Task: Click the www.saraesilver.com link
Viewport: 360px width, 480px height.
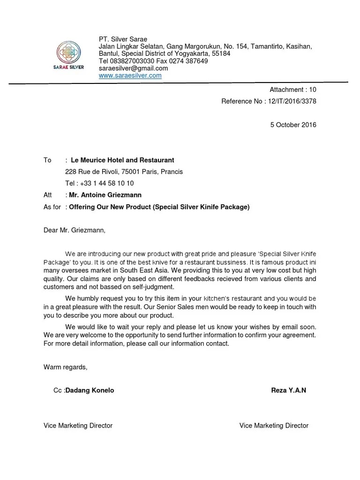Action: point(130,75)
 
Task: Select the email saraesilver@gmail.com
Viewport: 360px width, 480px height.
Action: point(133,68)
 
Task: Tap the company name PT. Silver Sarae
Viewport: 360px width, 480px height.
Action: point(123,39)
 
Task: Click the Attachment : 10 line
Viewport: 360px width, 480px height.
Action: point(292,90)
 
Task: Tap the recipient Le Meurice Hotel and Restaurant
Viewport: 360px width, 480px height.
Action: point(122,160)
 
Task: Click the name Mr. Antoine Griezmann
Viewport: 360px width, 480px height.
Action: point(105,195)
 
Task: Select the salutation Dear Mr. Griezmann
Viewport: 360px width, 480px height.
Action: point(75,230)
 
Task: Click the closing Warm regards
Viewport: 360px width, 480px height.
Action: point(66,367)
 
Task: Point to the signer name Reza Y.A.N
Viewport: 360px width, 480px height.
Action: point(288,390)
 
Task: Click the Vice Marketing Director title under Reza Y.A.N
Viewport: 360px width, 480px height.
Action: point(274,426)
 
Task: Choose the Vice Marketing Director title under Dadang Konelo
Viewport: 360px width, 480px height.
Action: point(78,426)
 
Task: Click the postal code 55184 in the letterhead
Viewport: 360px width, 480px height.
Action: point(221,53)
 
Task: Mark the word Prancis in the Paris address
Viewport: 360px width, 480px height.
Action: point(171,172)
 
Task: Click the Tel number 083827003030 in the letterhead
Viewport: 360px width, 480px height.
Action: point(132,61)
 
